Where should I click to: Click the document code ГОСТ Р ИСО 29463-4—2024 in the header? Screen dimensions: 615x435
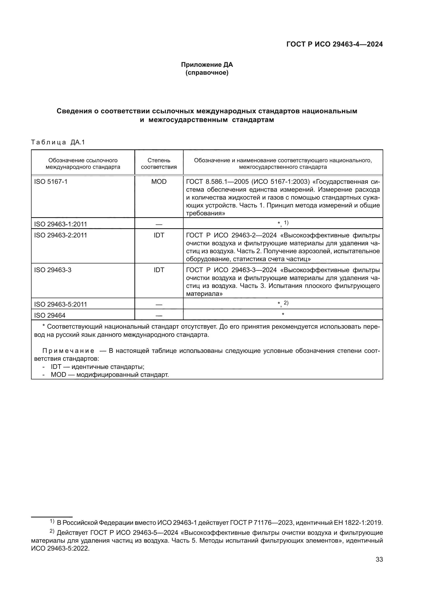point(334,44)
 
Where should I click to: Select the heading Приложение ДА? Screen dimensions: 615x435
point(207,65)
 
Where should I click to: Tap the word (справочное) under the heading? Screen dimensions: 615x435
point(207,73)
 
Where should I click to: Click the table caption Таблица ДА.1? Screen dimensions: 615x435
point(58,142)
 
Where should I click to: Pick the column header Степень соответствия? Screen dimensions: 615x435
point(159,163)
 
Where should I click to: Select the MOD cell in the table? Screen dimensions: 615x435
point(159,182)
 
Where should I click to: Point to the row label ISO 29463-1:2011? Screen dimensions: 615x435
point(60,224)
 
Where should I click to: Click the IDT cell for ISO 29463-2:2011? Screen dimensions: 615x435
point(159,235)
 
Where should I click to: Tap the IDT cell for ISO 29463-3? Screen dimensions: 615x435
point(159,270)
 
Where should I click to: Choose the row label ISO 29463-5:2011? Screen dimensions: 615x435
point(60,304)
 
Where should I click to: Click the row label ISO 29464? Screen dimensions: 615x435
point(49,315)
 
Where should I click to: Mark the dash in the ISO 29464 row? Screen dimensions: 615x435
point(159,316)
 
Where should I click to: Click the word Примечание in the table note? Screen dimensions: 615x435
point(68,351)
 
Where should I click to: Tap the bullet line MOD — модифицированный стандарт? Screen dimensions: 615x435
point(110,374)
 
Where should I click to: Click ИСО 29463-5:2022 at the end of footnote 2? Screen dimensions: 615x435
point(60,548)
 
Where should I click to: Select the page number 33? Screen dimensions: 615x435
point(379,559)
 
